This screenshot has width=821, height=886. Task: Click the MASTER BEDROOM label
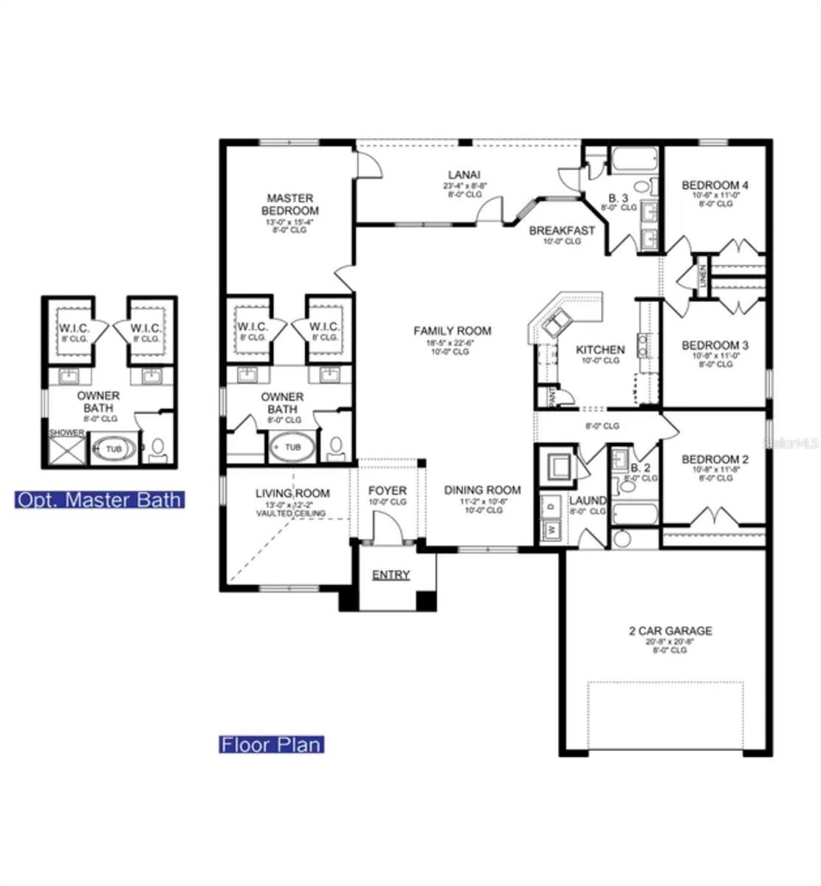290,205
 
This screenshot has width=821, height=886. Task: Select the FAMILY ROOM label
452,331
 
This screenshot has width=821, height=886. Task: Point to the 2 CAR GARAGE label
670,631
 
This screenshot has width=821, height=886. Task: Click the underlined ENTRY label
391,575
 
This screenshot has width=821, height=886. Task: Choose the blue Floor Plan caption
272,744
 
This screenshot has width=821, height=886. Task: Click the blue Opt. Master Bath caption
99,500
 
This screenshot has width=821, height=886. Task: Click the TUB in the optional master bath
113,448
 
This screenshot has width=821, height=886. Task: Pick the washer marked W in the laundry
551,529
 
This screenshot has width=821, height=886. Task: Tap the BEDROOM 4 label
714,185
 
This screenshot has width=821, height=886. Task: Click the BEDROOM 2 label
715,459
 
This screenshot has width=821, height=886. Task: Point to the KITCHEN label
600,350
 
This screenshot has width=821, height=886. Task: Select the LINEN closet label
703,276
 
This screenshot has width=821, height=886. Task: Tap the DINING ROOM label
482,490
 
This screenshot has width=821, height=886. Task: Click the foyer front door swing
386,529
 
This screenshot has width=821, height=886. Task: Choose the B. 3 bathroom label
618,198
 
